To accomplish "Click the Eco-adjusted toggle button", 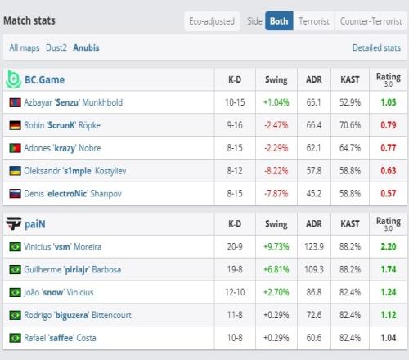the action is point(212,21).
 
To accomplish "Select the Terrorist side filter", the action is point(314,21).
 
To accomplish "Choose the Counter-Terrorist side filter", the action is point(371,21).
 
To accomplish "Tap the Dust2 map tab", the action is point(56,47).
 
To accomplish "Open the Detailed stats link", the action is point(376,47).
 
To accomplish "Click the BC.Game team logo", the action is point(13,79).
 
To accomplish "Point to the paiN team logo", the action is point(14,223).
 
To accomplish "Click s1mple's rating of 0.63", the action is point(389,171).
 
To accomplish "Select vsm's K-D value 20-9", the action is point(235,247).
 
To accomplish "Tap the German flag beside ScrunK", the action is point(15,125).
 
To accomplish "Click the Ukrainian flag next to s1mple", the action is point(15,171).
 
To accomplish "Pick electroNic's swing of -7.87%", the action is point(276,194).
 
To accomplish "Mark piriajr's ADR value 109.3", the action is point(314,269).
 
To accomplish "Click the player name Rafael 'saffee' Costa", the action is point(60,338).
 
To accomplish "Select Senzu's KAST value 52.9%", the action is point(350,102).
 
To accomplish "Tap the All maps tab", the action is point(25,47).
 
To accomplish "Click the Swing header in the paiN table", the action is point(276,224).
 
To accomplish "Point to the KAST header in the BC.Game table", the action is point(350,79).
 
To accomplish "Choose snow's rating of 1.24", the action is point(389,292).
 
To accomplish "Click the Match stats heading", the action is point(29,20).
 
